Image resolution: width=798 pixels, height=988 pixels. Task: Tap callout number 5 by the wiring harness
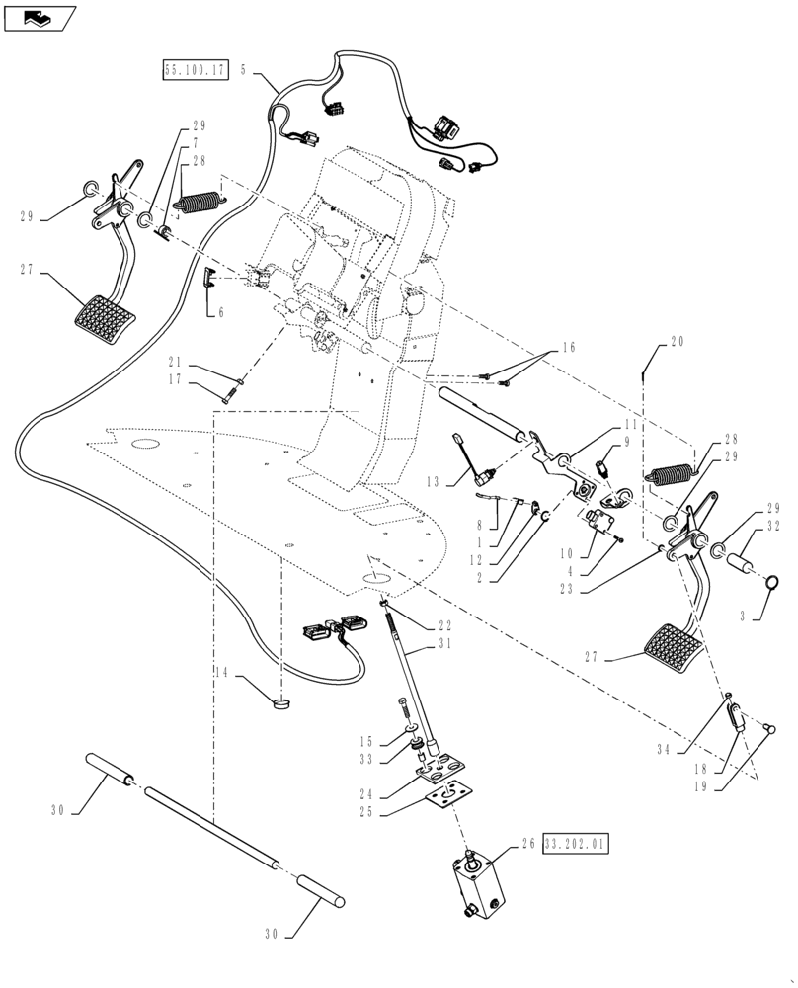(243, 71)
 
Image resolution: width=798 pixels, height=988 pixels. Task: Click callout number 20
(677, 342)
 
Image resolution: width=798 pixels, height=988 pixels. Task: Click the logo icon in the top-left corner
(40, 17)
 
